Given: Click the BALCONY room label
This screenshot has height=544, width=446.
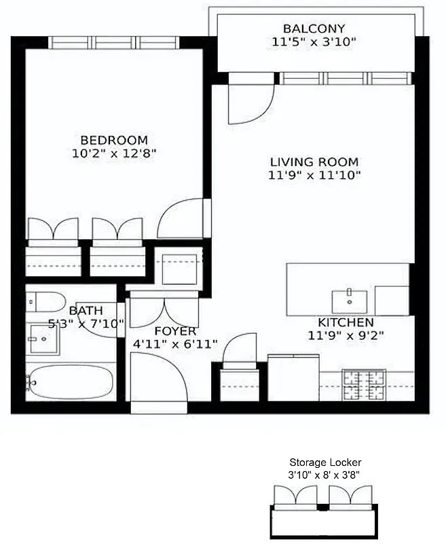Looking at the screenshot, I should (314, 29).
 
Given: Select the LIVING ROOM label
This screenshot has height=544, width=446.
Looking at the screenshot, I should (314, 162).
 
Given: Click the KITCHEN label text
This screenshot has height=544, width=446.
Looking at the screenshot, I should (346, 322).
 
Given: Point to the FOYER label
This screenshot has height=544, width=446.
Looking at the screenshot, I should (176, 331).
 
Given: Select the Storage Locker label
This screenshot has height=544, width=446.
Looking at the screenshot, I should (321, 462).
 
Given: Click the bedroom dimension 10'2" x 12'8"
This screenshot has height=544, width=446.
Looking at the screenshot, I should (113, 154).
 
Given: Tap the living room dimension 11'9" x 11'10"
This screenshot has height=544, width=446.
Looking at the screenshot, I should (314, 175).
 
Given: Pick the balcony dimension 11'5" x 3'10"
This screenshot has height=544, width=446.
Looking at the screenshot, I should (314, 42).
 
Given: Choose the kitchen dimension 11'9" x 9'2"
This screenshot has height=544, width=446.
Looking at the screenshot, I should (346, 335).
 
